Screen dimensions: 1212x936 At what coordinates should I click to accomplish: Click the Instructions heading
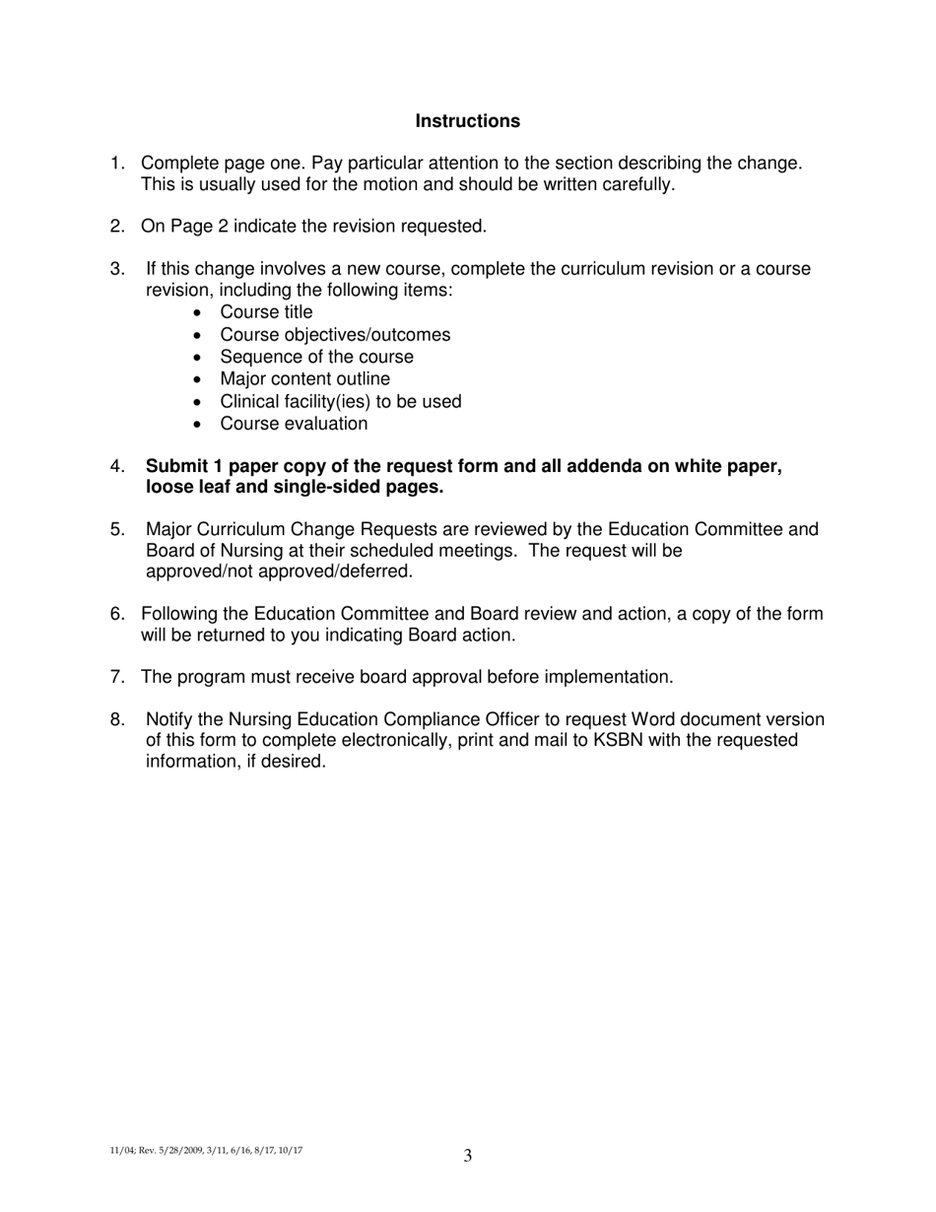point(467,121)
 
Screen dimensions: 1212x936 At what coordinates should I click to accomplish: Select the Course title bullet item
point(266,312)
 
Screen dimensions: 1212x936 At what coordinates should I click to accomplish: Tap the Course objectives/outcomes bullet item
point(335,335)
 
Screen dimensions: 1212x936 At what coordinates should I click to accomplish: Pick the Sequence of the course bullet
point(316,357)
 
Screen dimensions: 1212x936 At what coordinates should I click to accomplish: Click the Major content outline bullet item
point(304,379)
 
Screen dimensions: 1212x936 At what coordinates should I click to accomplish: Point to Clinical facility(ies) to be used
point(340,402)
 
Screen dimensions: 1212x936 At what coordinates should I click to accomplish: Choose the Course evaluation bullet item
point(294,424)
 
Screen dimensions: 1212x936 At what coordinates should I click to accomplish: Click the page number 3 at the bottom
point(468,1156)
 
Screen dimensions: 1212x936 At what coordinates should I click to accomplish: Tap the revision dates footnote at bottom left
point(206,1150)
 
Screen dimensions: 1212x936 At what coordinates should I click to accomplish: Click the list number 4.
point(117,466)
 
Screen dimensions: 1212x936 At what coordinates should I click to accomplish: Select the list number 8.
point(117,720)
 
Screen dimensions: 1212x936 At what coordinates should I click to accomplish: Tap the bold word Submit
point(176,466)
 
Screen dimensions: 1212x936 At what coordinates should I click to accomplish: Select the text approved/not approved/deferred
point(279,572)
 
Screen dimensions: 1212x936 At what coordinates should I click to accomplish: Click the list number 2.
point(117,227)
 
